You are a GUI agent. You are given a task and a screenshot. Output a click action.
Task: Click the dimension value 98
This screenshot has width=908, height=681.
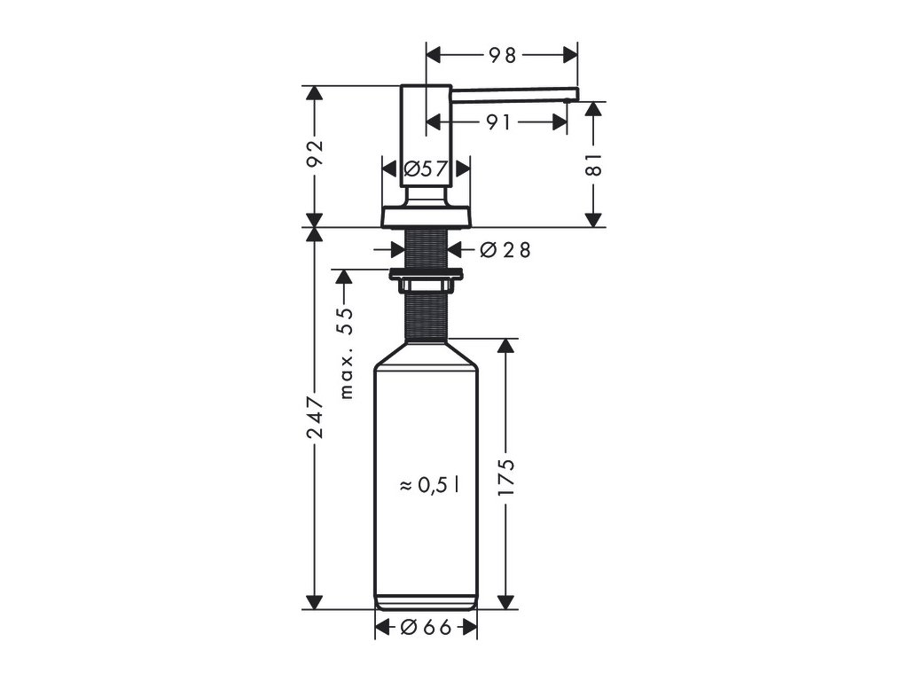click(x=502, y=56)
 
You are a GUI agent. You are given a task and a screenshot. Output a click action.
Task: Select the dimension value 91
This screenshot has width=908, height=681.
click(x=498, y=122)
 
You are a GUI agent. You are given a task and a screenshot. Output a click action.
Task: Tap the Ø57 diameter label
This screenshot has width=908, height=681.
click(x=426, y=169)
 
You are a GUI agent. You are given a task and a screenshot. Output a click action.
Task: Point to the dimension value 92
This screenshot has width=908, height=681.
click(x=315, y=153)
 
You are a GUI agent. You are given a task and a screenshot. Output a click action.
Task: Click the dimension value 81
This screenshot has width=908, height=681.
click(x=594, y=164)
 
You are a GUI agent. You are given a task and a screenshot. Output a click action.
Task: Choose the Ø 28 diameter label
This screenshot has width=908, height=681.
click(x=505, y=250)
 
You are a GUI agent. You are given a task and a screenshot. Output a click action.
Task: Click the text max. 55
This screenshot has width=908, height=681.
click(x=347, y=353)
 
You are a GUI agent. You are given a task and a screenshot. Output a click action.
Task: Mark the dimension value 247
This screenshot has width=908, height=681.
click(x=315, y=417)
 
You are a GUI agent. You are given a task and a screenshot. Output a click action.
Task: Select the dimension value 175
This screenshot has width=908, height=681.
click(x=506, y=476)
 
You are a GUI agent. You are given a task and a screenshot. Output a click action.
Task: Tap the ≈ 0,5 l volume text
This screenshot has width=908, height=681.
click(x=430, y=485)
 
